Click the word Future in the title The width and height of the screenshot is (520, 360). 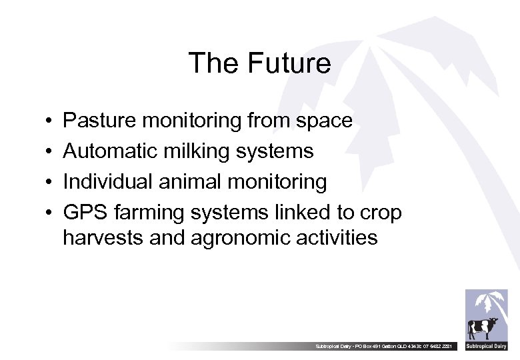(x=289, y=63)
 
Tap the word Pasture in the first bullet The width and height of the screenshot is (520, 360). (x=99, y=121)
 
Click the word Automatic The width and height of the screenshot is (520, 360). (x=109, y=151)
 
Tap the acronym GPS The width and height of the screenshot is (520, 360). (x=85, y=213)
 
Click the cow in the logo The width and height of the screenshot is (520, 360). (x=482, y=327)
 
